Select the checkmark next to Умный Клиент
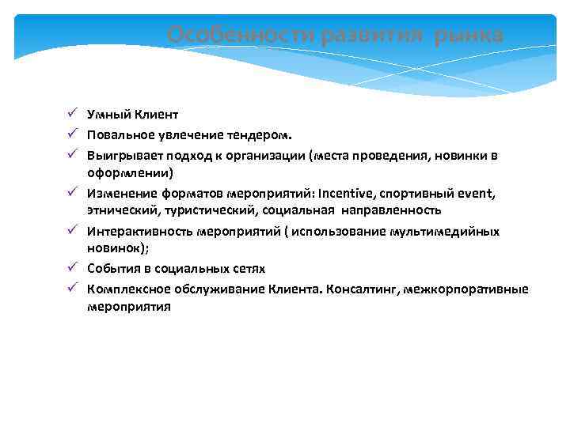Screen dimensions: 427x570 click(71, 115)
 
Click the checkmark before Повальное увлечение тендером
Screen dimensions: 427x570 click(71, 134)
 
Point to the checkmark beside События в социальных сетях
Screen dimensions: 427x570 click(71, 269)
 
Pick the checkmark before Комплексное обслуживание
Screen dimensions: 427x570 click(71, 289)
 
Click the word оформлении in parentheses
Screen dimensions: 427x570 click(128, 172)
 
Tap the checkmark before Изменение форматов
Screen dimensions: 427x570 click(71, 192)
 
